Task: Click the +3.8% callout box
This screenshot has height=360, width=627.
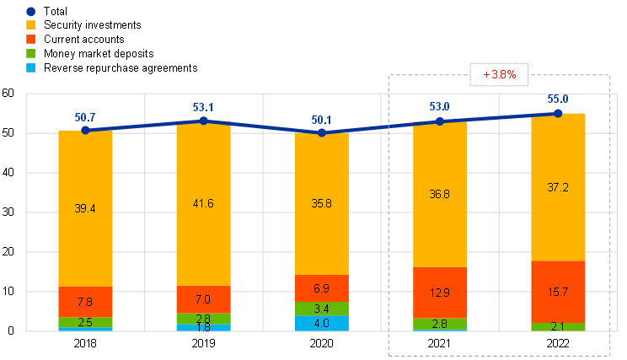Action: [499, 75]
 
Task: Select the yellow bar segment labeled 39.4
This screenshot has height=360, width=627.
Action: [85, 209]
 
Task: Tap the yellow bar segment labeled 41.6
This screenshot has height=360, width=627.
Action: [203, 204]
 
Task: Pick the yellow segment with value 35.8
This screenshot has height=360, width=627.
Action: [322, 204]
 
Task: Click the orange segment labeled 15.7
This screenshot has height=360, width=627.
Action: [558, 292]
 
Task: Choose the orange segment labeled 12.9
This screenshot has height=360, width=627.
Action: [440, 293]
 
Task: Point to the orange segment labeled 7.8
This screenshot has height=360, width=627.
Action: [85, 302]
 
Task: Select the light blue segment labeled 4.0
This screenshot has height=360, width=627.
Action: [322, 323]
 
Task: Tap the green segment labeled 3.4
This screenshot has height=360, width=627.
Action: [322, 309]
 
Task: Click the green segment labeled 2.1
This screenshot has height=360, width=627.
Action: [558, 327]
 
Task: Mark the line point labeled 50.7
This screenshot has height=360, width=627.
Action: [85, 131]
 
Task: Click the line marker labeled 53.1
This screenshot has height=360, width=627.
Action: [203, 121]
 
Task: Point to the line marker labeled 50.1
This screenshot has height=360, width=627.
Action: [322, 133]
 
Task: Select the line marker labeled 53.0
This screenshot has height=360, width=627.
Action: [440, 121]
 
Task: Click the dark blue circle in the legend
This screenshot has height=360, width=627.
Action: [30, 12]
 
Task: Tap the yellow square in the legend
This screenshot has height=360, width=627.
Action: [30, 25]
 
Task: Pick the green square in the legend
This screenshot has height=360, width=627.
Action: [30, 53]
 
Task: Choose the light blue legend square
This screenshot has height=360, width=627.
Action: [30, 67]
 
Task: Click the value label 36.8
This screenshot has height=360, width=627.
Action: [440, 194]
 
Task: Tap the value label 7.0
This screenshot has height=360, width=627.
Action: [203, 299]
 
